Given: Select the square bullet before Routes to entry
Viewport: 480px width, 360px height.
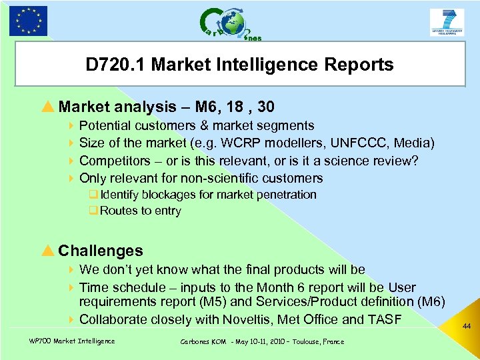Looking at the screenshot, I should [93, 211].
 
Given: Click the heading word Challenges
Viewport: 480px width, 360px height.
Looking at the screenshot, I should [101, 251].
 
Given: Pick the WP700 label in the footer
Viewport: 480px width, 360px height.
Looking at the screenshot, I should [41, 341].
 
